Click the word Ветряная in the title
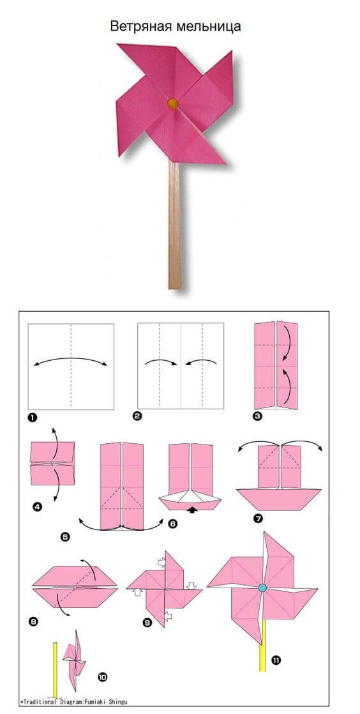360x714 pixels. click(140, 27)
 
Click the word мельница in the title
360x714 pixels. click(207, 26)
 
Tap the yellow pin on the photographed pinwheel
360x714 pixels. click(172, 104)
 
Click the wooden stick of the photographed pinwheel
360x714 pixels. click(174, 225)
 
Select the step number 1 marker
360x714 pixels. click(33, 417)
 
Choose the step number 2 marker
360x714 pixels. click(137, 415)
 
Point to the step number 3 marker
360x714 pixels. click(258, 416)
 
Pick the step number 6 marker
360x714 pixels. click(172, 524)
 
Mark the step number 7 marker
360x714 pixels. click(260, 518)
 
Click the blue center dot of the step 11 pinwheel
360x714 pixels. click(262, 588)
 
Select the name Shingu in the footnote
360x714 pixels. click(118, 702)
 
